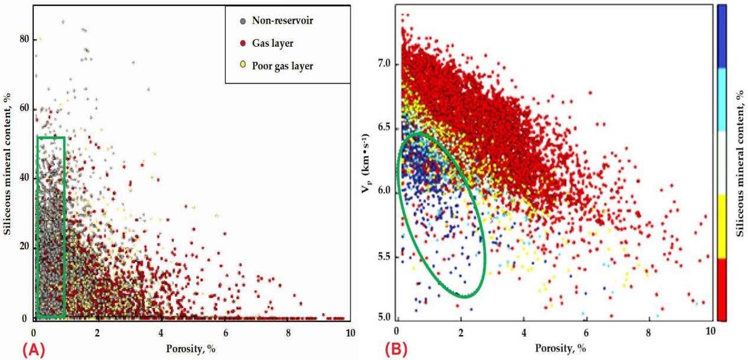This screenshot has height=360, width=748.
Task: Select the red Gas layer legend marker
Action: [x=242, y=43]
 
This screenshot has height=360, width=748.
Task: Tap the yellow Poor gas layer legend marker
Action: [x=242, y=66]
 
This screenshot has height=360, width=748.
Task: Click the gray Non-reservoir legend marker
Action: [x=242, y=21]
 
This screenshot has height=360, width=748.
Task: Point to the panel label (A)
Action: [x=34, y=349]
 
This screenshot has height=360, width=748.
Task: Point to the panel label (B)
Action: [x=396, y=349]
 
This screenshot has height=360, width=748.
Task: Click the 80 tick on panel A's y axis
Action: [x=25, y=39]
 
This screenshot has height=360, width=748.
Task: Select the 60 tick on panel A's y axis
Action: [x=25, y=109]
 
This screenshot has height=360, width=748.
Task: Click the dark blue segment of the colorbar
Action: [x=721, y=35]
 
